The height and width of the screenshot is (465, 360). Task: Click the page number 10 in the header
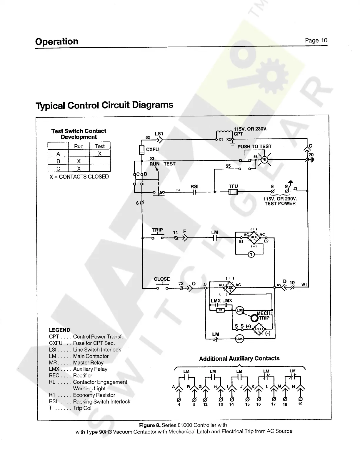click(324, 41)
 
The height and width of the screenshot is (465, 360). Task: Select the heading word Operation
click(57, 41)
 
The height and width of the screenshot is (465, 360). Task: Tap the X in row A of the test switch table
click(100, 153)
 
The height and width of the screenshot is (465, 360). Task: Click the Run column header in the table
click(79, 146)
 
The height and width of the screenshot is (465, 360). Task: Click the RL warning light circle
click(264, 160)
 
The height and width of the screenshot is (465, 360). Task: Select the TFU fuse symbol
click(233, 192)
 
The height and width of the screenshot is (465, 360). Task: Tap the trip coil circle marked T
click(251, 255)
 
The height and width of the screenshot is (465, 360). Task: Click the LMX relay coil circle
click(239, 339)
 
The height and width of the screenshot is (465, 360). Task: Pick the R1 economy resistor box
click(221, 310)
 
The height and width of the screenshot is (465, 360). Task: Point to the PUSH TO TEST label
click(254, 146)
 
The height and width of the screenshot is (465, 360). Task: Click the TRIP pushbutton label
click(158, 230)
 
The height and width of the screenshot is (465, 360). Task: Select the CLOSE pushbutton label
click(162, 279)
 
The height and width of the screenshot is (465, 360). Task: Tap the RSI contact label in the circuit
click(194, 187)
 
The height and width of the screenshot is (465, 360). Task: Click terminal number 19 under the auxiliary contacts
click(300, 404)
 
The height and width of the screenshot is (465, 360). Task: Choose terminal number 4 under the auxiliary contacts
click(179, 404)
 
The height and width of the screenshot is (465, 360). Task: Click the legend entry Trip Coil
click(83, 408)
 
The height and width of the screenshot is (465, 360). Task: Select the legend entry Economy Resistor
click(94, 395)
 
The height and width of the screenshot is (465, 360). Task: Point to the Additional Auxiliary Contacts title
click(239, 359)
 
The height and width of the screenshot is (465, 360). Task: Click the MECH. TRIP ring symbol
click(254, 318)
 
